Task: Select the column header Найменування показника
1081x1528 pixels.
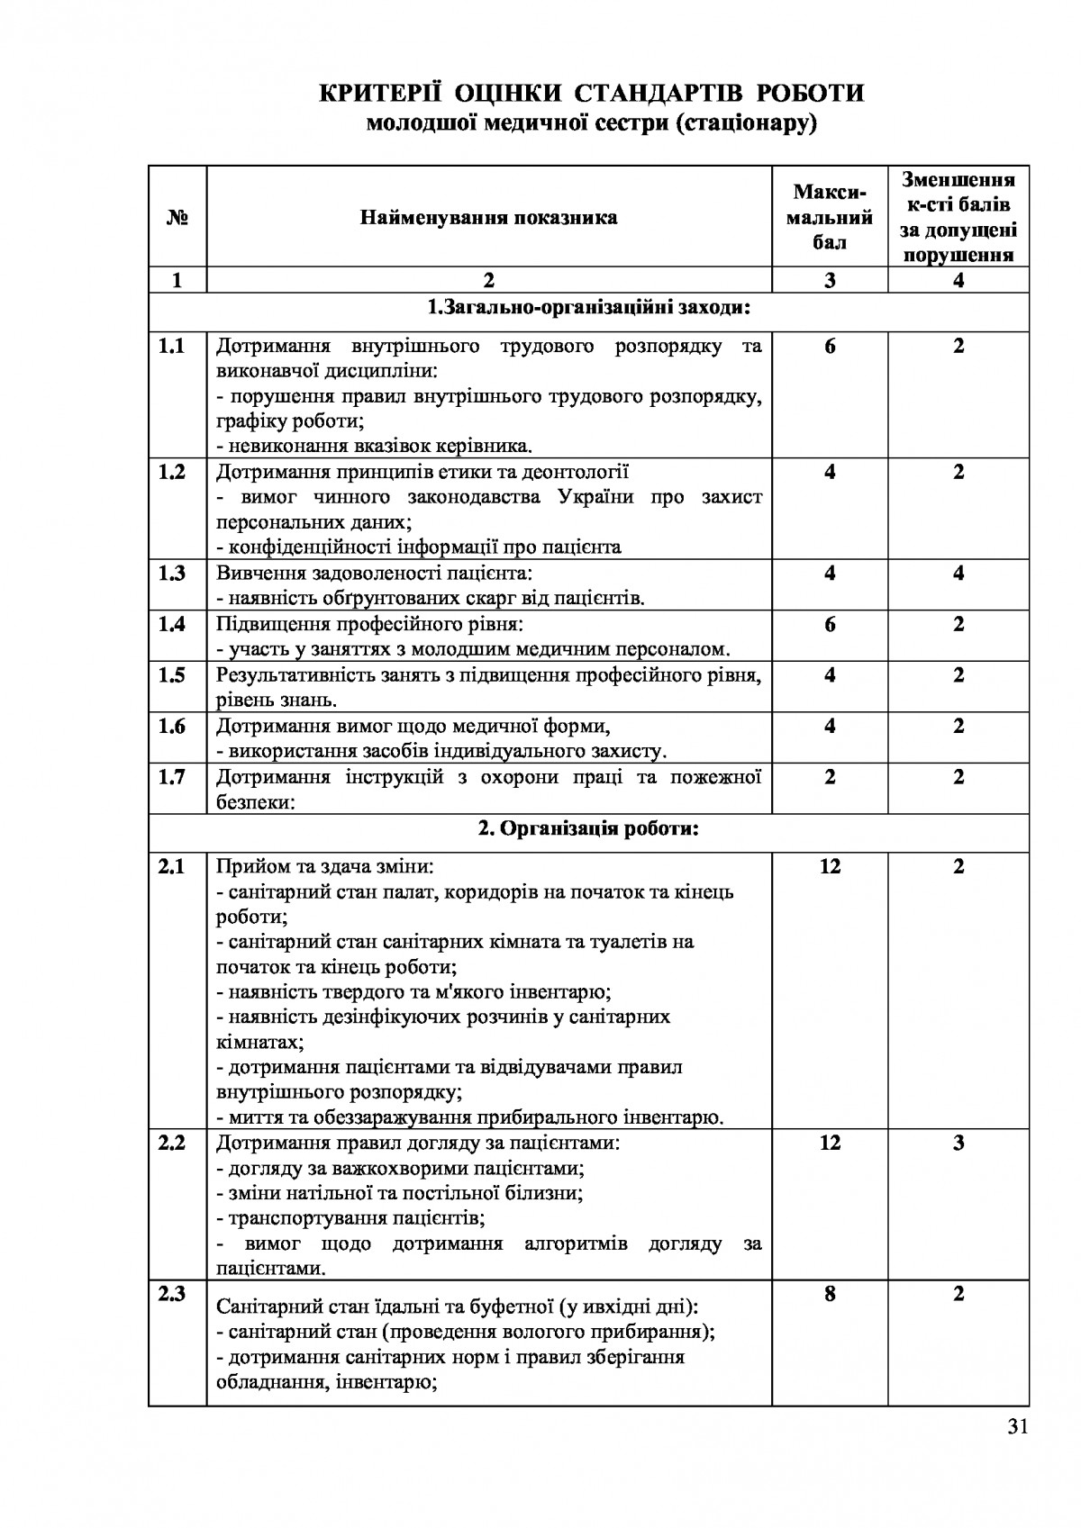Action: coord(488,217)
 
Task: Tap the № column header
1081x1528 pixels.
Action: coord(177,217)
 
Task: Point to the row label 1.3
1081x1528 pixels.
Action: coord(171,573)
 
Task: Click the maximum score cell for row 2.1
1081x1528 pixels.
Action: coord(830,866)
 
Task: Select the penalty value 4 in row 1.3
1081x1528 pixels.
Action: coord(958,573)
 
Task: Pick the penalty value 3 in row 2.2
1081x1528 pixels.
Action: coord(958,1143)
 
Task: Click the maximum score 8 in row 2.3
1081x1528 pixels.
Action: coord(830,1294)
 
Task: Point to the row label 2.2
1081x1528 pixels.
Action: coord(171,1143)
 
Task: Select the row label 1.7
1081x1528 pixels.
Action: coord(171,776)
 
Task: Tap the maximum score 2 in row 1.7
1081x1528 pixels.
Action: coord(830,776)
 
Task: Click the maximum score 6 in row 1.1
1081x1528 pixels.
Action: coord(830,346)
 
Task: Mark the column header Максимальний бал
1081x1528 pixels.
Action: coord(830,217)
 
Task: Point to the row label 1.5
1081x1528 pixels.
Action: coord(171,674)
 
